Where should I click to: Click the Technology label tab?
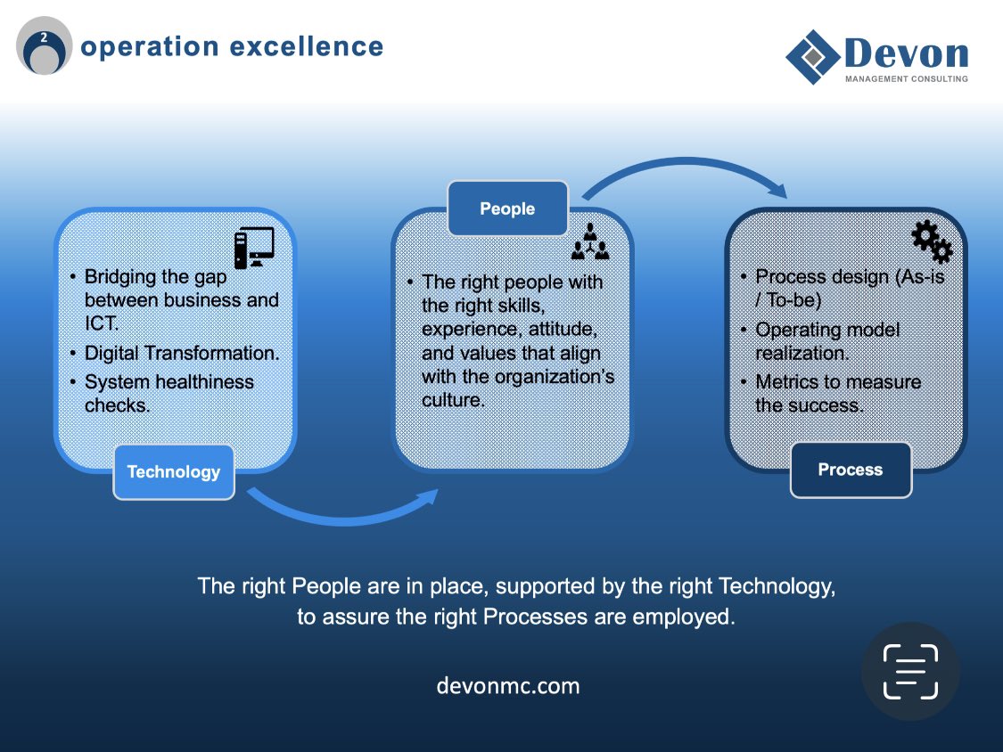point(174,471)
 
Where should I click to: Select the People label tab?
point(507,208)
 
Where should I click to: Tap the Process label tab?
point(851,470)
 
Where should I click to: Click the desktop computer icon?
point(254,248)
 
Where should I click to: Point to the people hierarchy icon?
point(589,241)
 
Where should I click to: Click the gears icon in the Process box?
point(932,241)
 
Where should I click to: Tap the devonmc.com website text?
point(508,686)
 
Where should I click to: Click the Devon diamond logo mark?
point(812,57)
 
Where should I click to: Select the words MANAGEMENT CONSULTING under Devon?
point(906,78)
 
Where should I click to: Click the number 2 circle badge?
point(44,46)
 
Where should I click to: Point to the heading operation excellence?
point(232,46)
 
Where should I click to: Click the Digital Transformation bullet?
point(182,353)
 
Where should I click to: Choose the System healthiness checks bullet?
point(169,393)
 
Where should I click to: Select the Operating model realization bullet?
point(827,341)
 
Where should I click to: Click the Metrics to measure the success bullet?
point(838,393)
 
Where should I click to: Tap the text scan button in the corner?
point(910,671)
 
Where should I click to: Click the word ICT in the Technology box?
point(101,323)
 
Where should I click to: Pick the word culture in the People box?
point(453,400)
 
